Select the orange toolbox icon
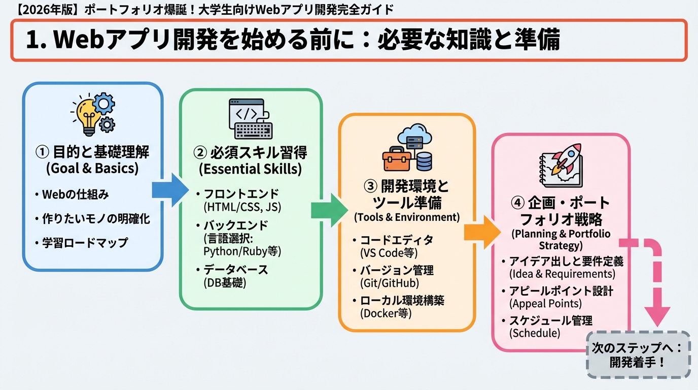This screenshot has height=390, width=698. tap(396, 159)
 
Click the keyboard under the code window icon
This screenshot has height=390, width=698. tap(254, 130)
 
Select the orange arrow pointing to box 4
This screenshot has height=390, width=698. tap(482, 232)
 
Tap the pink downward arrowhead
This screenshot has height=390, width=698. tap(657, 316)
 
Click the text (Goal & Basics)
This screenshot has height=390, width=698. tap(92, 168)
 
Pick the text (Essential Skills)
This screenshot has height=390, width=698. tap(250, 169)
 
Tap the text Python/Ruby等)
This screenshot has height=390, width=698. tap(242, 251)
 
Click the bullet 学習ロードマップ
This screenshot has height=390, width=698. tap(85, 243)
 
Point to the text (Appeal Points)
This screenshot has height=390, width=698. tap(545, 304)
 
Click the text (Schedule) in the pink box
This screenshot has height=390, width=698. tap(535, 333)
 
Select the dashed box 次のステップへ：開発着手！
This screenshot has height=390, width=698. tap(638, 354)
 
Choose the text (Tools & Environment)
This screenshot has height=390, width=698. tap(406, 217)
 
